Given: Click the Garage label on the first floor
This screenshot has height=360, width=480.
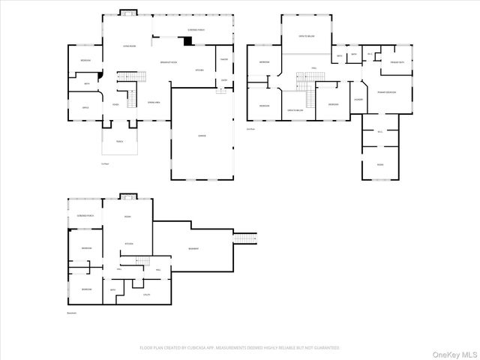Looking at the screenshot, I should [202, 136].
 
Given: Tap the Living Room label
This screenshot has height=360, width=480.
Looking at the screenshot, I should [129, 46].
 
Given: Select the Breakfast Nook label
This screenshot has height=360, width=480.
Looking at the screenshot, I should [168, 62].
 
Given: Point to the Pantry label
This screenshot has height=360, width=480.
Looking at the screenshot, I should [223, 59].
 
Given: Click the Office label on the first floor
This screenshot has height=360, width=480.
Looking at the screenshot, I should [85, 107].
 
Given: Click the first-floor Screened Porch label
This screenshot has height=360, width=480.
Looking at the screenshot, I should [196, 30].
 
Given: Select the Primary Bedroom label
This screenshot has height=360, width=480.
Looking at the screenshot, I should [386, 91].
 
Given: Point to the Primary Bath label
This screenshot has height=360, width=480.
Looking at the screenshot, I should [397, 61].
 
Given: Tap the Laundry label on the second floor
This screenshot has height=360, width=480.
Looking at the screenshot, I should [358, 99].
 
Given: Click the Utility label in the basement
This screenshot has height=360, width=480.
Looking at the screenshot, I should [146, 295].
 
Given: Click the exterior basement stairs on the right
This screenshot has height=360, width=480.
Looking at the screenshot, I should [245, 238].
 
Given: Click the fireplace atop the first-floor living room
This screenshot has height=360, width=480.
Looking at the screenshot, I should [128, 12].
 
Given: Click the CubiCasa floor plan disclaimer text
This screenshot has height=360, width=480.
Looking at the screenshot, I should [240, 348].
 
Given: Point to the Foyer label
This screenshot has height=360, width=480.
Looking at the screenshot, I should [116, 104].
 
